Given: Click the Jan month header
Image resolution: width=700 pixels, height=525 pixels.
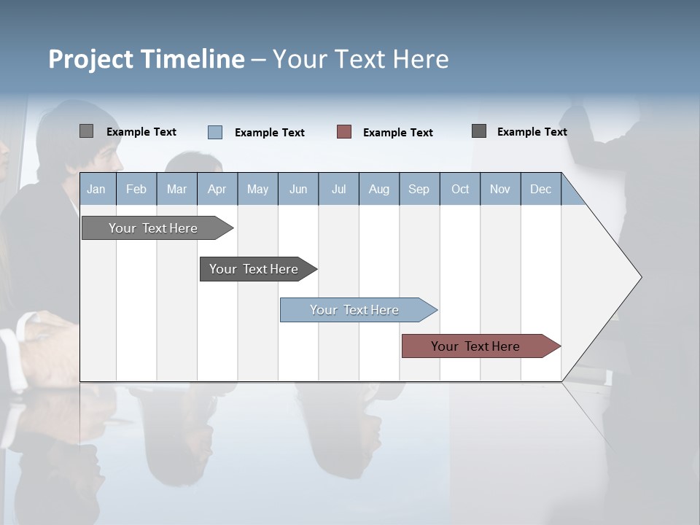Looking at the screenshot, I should [96, 190].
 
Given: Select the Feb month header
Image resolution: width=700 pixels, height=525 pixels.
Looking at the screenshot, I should [136, 190].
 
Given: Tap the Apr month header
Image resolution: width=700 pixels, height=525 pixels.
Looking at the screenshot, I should [217, 190].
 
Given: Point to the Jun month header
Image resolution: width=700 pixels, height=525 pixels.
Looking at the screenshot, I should [298, 190].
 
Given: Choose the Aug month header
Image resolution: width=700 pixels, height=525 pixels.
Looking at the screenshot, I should [379, 190].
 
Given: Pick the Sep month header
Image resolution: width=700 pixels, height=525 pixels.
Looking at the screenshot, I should [419, 190].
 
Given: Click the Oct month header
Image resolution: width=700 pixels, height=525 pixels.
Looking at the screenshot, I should [460, 190].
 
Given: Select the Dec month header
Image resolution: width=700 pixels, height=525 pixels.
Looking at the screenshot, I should [541, 190].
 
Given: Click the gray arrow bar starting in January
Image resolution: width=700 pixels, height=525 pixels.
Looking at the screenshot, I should [153, 228].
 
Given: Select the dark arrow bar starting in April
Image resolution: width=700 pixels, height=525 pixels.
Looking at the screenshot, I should [254, 269].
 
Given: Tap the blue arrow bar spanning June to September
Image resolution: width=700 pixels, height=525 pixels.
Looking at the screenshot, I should [354, 310].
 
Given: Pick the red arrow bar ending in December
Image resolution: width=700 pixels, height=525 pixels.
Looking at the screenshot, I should [475, 346].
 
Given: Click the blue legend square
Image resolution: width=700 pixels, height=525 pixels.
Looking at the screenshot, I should [215, 132].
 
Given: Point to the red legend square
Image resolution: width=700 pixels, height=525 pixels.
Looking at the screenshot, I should [344, 132].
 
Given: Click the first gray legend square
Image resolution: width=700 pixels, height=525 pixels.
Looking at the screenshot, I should [86, 131].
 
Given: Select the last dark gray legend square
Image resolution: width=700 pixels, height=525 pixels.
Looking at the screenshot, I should [479, 131].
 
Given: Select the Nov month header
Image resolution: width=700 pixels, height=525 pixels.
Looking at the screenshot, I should [500, 190].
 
